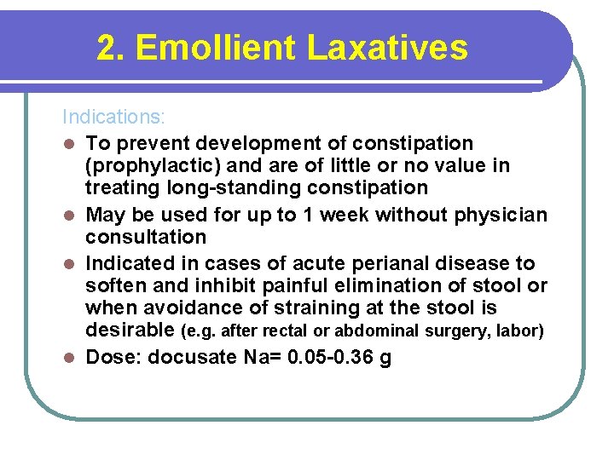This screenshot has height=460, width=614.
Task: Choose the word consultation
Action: click(146, 237)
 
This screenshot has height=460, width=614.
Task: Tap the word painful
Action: click(304, 285)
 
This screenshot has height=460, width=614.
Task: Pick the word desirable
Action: click(129, 330)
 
